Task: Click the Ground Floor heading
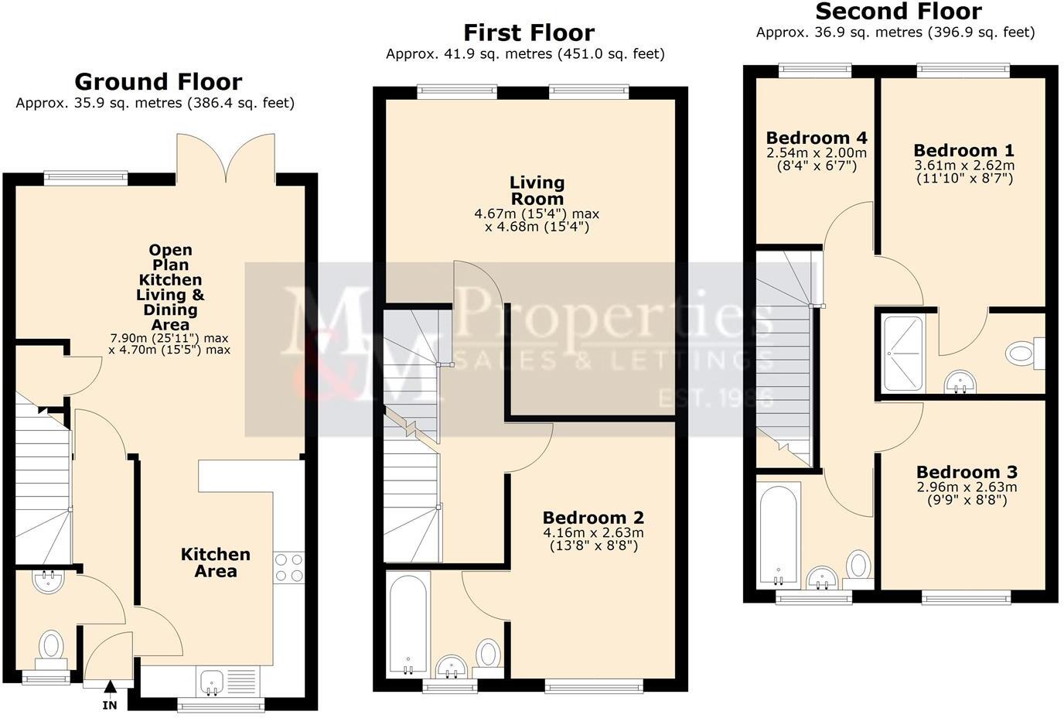coord(158,82)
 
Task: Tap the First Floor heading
coord(529,32)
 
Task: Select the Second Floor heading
coord(899,12)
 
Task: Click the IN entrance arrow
coord(110,686)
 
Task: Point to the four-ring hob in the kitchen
coord(289,567)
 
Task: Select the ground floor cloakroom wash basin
coord(49,581)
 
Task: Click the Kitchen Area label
coord(215,562)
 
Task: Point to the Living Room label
coord(537,190)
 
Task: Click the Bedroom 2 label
coord(593,518)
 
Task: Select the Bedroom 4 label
coord(817,138)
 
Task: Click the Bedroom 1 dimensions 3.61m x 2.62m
coord(964,166)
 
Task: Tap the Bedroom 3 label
coord(967,472)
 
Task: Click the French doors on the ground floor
coord(226,159)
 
